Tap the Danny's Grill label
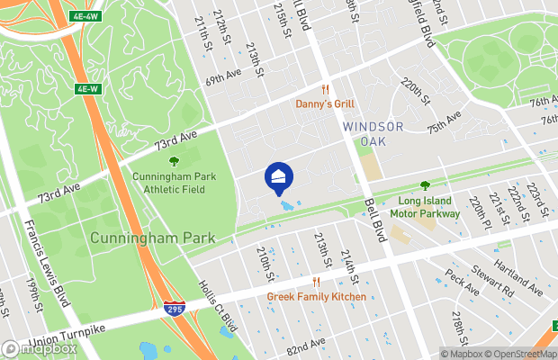click(x=325, y=104)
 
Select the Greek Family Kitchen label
click(x=316, y=296)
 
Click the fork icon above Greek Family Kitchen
click(x=316, y=282)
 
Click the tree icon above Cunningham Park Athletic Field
click(x=173, y=162)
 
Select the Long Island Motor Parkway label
click(x=425, y=208)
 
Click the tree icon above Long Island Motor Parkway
click(x=425, y=186)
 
